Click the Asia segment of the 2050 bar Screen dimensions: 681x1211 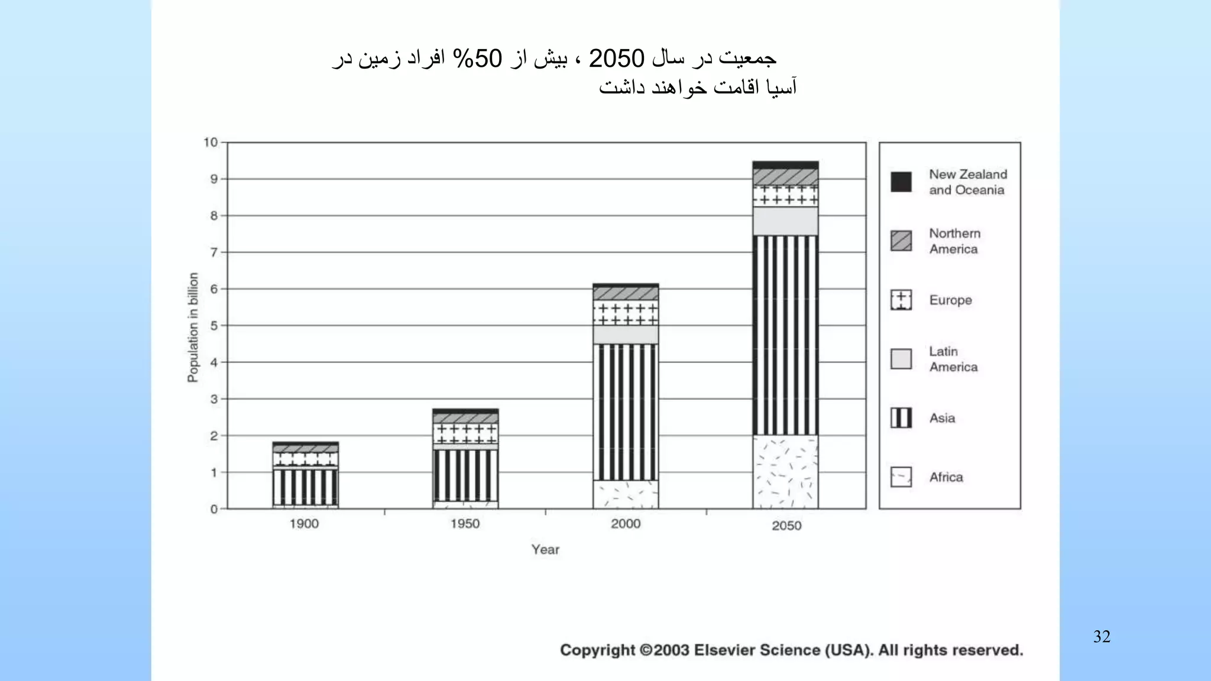(785, 335)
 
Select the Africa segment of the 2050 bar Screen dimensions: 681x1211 (785, 472)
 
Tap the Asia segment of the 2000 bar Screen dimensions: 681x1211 (626, 411)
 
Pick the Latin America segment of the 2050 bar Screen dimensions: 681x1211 (785, 221)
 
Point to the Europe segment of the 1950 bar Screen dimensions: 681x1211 (465, 433)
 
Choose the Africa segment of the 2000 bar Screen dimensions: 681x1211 (626, 494)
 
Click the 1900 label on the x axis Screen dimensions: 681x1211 (304, 524)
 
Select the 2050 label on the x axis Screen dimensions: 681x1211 (786, 526)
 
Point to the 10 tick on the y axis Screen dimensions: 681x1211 (211, 142)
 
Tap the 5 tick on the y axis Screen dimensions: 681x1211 (214, 326)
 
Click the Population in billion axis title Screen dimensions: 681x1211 (193, 327)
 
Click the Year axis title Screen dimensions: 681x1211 (545, 550)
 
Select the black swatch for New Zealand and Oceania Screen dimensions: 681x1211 (901, 181)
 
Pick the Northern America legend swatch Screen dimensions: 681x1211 (901, 241)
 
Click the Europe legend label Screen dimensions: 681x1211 (950, 300)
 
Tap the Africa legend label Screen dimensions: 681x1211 (946, 477)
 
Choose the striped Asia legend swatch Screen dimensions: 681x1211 (901, 418)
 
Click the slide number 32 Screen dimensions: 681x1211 (1102, 637)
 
